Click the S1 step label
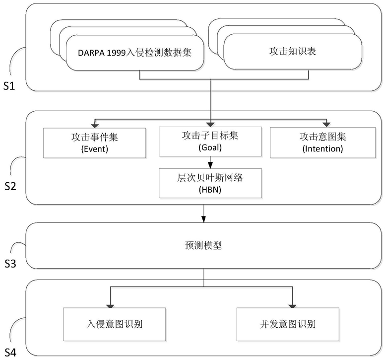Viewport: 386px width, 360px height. point(9,86)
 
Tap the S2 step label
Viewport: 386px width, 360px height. point(10,186)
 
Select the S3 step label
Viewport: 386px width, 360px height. point(10,264)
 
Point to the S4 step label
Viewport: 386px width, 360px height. point(10,353)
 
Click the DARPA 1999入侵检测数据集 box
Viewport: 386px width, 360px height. point(135,53)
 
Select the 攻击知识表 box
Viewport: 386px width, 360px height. point(293,52)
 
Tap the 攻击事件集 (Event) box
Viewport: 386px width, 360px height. point(95,143)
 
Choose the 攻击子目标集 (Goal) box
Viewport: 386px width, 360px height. point(210,142)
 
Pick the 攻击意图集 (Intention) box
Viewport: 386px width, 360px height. point(322,143)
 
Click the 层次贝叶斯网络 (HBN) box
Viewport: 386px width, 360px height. point(210,183)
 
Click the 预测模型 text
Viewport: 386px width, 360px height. point(203,245)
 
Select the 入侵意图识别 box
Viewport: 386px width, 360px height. point(115,324)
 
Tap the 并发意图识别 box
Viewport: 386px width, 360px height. point(288,324)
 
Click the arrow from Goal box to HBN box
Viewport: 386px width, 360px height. point(210,162)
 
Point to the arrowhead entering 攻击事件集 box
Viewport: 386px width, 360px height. point(95,126)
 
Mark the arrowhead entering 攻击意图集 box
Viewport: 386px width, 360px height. point(326,125)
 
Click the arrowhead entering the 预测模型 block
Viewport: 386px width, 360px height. point(203,219)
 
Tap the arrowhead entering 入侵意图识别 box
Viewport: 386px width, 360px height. point(110,306)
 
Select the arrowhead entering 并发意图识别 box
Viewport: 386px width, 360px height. point(292,306)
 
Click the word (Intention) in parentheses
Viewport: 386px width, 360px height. point(322,148)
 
